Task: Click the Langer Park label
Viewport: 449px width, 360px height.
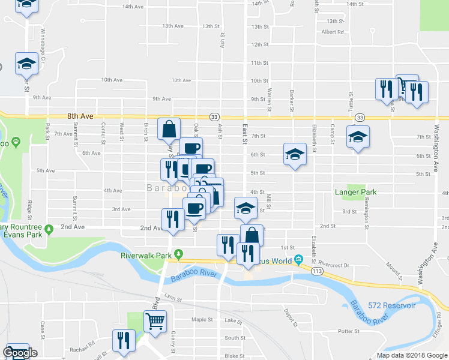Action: [x=359, y=193]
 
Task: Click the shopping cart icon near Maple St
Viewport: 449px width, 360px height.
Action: [x=155, y=322]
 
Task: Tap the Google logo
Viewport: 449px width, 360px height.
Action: [x=20, y=353]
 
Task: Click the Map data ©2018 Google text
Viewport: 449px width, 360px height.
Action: [x=412, y=355]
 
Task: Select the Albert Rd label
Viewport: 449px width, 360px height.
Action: [x=333, y=32]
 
